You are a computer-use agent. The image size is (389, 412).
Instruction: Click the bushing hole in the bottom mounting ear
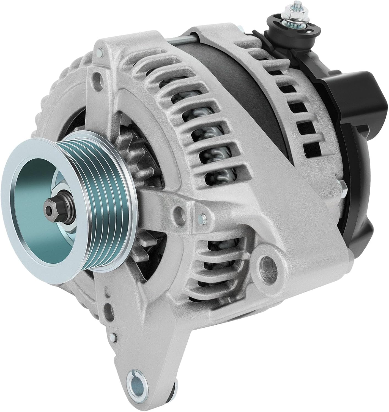[136, 382]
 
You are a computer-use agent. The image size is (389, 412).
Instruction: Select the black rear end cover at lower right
[358, 220]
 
